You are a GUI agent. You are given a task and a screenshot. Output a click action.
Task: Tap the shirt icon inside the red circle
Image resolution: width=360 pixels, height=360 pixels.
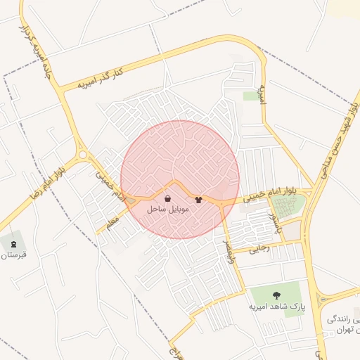198,200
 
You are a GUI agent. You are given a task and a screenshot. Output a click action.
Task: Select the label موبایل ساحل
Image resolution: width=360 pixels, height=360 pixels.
167,210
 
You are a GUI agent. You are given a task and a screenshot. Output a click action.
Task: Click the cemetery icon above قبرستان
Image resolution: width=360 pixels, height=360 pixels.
13,243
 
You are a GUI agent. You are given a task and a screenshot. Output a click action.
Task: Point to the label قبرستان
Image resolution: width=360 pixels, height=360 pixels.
13,255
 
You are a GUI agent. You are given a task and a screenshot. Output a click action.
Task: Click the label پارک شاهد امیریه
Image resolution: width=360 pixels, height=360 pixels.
278,308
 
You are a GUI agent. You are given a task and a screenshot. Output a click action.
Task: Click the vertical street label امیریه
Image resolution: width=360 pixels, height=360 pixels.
262,94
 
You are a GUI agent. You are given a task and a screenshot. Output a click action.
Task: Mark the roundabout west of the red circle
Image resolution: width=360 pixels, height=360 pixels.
83,155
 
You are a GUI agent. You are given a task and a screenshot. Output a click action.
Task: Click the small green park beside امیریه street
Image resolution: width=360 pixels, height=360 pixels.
251,96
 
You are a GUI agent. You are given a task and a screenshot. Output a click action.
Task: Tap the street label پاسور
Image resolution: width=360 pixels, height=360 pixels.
277,225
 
